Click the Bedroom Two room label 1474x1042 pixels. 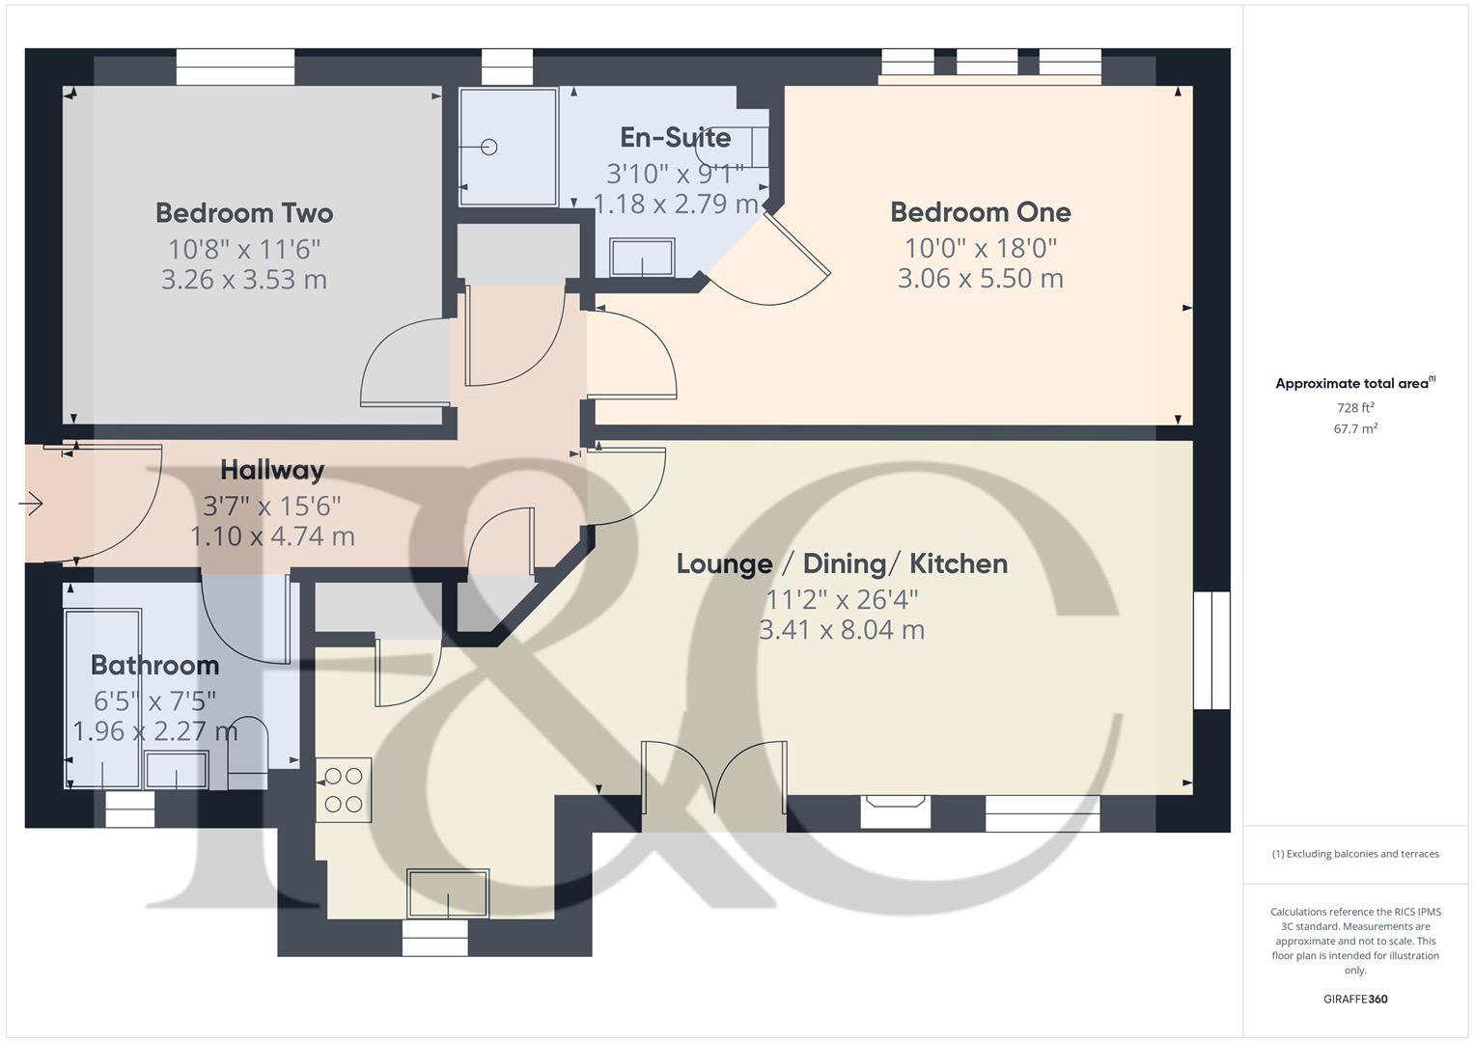pos(244,213)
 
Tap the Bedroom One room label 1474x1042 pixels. pos(980,212)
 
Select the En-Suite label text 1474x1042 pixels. pos(675,138)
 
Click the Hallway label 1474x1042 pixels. pos(272,471)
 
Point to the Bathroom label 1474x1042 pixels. pos(154,666)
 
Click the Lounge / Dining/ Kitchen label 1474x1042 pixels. pos(842,564)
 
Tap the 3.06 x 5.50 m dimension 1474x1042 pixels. pos(980,279)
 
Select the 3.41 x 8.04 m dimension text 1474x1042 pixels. pos(842,630)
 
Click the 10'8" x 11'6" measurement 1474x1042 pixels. pos(244,249)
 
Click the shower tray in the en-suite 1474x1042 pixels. pos(508,147)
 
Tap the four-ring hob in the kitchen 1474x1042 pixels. pos(344,789)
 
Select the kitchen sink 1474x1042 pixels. pos(448,893)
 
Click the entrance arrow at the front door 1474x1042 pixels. pos(32,504)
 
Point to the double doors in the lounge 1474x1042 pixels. pos(714,778)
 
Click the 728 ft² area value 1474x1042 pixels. pos(1354,408)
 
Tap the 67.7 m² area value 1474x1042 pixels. pos(1354,429)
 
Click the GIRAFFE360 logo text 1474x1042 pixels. pos(1354,999)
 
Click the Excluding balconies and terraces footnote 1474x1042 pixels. pos(1354,854)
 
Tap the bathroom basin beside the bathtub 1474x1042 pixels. pos(175,770)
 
